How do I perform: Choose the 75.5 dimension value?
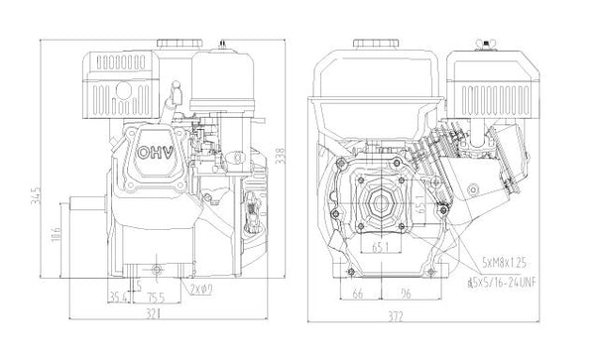click(x=156, y=295)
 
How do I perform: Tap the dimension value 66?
click(x=358, y=295)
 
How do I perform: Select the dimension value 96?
click(x=407, y=295)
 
